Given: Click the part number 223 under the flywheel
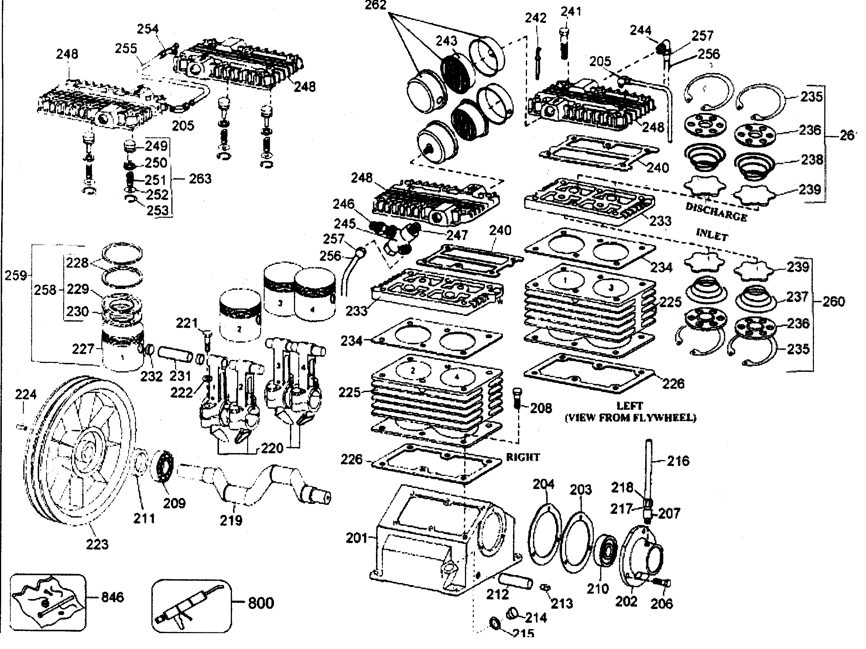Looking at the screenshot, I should tap(97, 544).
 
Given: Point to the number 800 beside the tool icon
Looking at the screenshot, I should tap(261, 603).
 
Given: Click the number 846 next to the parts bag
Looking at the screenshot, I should tap(112, 597).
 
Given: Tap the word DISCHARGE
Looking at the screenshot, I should tap(716, 212).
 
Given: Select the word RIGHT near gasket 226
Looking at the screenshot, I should tap(523, 457).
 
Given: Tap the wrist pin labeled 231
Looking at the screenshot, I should tap(175, 354).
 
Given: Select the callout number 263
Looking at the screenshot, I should tap(200, 179).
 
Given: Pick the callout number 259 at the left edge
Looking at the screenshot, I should tap(16, 275).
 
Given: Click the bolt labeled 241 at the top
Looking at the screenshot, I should tap(564, 43).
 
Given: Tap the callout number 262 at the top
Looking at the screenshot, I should tap(375, 6).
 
